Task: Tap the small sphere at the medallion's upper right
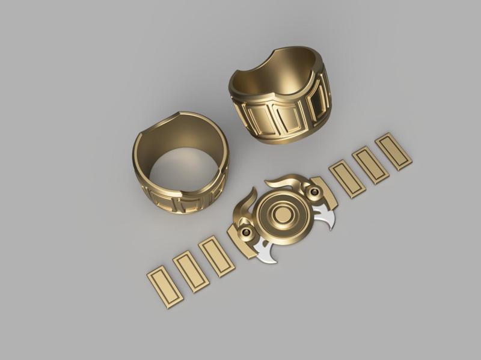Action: coord(313,192)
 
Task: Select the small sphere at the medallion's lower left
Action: coord(246,232)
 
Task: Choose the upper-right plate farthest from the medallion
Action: coord(393,151)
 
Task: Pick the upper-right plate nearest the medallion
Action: coord(348,178)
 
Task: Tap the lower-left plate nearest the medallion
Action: coord(216,257)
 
